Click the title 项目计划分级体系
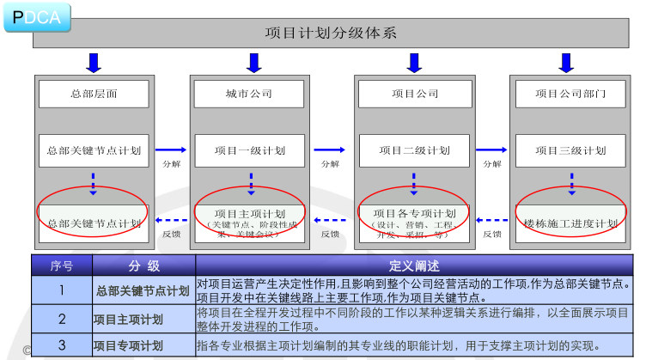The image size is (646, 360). (x=330, y=34)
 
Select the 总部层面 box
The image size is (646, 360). (x=94, y=93)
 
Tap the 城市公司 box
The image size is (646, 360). (x=249, y=93)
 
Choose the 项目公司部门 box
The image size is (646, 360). (x=570, y=93)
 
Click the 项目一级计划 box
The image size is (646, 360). (x=250, y=150)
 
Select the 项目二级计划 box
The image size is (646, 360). (x=414, y=150)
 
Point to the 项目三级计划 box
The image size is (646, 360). (x=570, y=150)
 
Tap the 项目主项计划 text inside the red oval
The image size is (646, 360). (x=250, y=213)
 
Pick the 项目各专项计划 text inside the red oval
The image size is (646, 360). (x=414, y=213)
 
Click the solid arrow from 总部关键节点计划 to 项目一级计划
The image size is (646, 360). (x=171, y=149)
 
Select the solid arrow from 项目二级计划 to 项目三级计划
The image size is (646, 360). (x=492, y=149)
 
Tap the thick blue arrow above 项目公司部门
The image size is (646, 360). (x=566, y=63)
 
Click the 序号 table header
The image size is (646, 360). (x=62, y=265)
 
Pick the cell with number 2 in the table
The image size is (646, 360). (x=62, y=320)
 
